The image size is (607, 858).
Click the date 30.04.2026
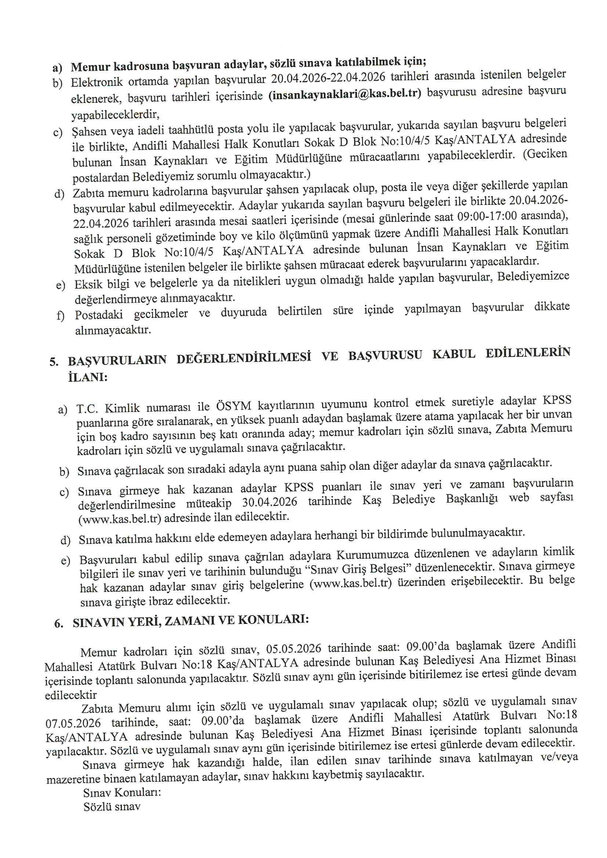coord(269,502)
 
